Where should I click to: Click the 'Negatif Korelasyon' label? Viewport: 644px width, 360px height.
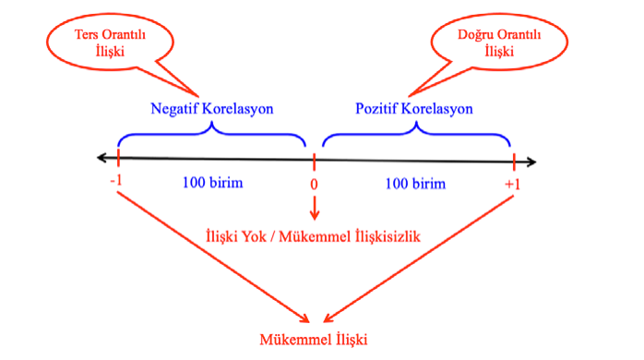[x=212, y=109]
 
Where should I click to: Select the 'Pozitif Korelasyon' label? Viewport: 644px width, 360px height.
[x=414, y=109]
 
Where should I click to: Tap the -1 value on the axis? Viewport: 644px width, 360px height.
[x=116, y=180]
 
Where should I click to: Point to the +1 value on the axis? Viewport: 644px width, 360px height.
[x=513, y=184]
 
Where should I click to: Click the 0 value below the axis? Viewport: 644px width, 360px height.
[x=314, y=184]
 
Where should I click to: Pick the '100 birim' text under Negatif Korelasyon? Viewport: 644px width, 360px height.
[x=213, y=183]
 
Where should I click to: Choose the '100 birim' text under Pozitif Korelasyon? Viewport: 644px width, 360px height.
[x=415, y=184]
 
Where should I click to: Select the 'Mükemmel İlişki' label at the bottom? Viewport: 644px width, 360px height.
[x=314, y=340]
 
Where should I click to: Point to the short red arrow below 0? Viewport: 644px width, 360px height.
[x=315, y=208]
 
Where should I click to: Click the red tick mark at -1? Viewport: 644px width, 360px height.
[x=118, y=158]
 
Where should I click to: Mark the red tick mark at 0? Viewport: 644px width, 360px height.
[x=315, y=162]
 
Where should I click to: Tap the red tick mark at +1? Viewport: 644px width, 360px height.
[x=514, y=162]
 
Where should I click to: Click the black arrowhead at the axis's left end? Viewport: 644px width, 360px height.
[x=101, y=158]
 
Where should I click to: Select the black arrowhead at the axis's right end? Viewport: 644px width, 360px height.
[x=531, y=162]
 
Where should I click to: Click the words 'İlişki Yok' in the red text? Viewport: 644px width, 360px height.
[x=236, y=236]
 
